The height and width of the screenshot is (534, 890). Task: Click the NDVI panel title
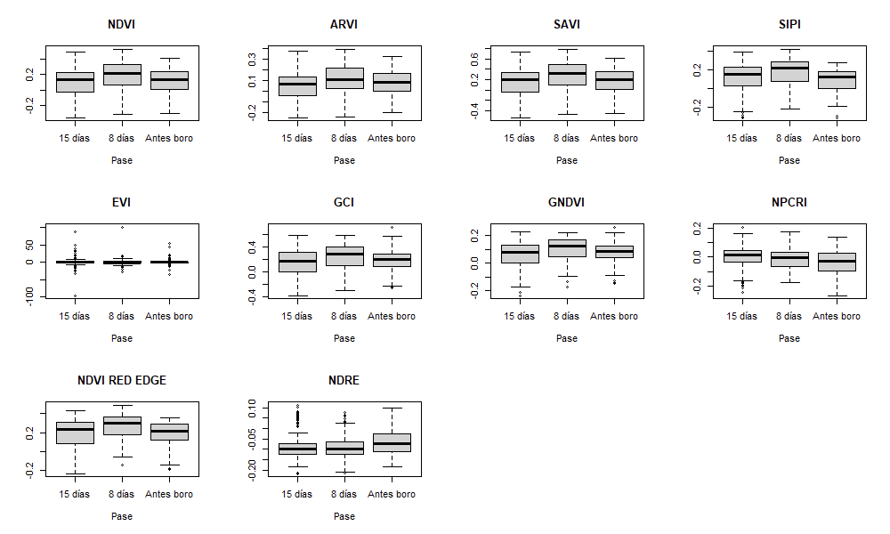pyautogui.click(x=122, y=24)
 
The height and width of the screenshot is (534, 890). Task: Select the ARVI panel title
pyautogui.click(x=344, y=24)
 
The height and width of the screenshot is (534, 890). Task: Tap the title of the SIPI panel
pyautogui.click(x=789, y=24)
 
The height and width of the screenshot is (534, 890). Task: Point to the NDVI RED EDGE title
pyautogui.click(x=122, y=380)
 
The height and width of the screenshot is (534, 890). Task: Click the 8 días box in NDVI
pyautogui.click(x=122, y=75)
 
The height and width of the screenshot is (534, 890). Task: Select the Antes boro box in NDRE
pyautogui.click(x=392, y=442)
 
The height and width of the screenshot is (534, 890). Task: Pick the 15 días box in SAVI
pyautogui.click(x=520, y=82)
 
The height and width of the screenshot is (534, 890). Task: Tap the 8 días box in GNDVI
pyautogui.click(x=567, y=248)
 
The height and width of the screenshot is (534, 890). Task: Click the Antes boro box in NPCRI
pyautogui.click(x=837, y=262)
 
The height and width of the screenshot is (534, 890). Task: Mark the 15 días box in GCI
pyautogui.click(x=297, y=262)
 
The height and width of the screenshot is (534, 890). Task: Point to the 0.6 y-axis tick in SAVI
pyautogui.click(x=476, y=60)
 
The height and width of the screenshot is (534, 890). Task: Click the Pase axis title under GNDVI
pyautogui.click(x=567, y=338)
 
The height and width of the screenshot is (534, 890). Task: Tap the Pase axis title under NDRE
pyautogui.click(x=344, y=516)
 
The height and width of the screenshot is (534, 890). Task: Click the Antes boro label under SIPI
pyautogui.click(x=837, y=138)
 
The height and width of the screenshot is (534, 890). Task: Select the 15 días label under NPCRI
pyautogui.click(x=742, y=316)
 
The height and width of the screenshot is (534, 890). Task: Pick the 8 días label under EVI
pyautogui.click(x=122, y=316)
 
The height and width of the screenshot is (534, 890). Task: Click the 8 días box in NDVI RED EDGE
pyautogui.click(x=122, y=425)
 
